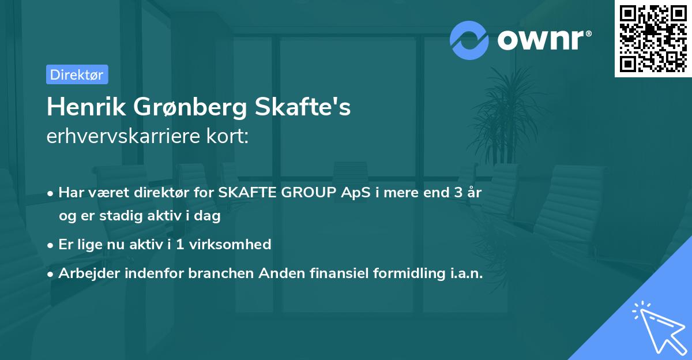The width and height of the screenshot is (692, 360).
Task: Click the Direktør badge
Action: tap(77, 74)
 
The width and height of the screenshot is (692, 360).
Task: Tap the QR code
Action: tap(653, 39)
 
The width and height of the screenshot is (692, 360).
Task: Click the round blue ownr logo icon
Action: tap(469, 40)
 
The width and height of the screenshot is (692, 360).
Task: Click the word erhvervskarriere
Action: tap(118, 137)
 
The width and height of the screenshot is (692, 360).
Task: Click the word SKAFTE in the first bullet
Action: tap(245, 193)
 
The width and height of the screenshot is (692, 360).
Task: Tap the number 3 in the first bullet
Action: tap(458, 193)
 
